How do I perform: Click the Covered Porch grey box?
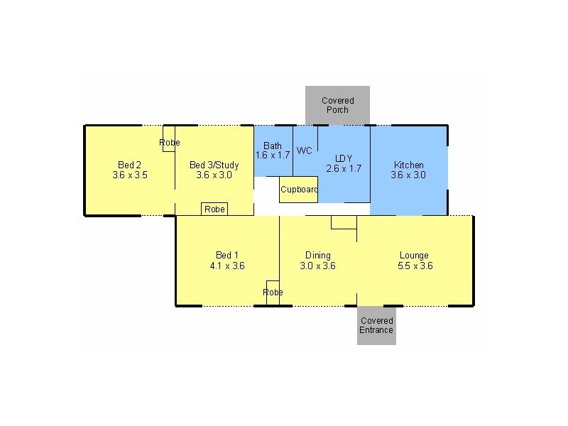pyautogui.click(x=337, y=105)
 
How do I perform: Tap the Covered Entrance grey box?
pyautogui.click(x=376, y=325)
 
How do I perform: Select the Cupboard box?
pyautogui.click(x=298, y=190)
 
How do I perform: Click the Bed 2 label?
pyautogui.click(x=129, y=165)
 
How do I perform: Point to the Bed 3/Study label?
pyautogui.click(x=214, y=165)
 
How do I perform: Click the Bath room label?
pyautogui.click(x=273, y=146)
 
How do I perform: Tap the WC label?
pyautogui.click(x=305, y=151)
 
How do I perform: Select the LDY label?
pyautogui.click(x=344, y=158)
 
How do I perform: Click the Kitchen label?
pyautogui.click(x=408, y=165)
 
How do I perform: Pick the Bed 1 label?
pyautogui.click(x=227, y=256)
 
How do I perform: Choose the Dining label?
pyautogui.click(x=317, y=256)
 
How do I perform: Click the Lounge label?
pyautogui.click(x=414, y=256)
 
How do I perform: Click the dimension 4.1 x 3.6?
pyautogui.click(x=227, y=266)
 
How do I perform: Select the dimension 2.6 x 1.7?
pyautogui.click(x=344, y=169)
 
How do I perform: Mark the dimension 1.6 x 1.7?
pyautogui.click(x=273, y=155)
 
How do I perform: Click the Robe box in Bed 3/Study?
pyautogui.click(x=214, y=209)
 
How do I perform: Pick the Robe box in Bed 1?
pyautogui.click(x=273, y=293)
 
